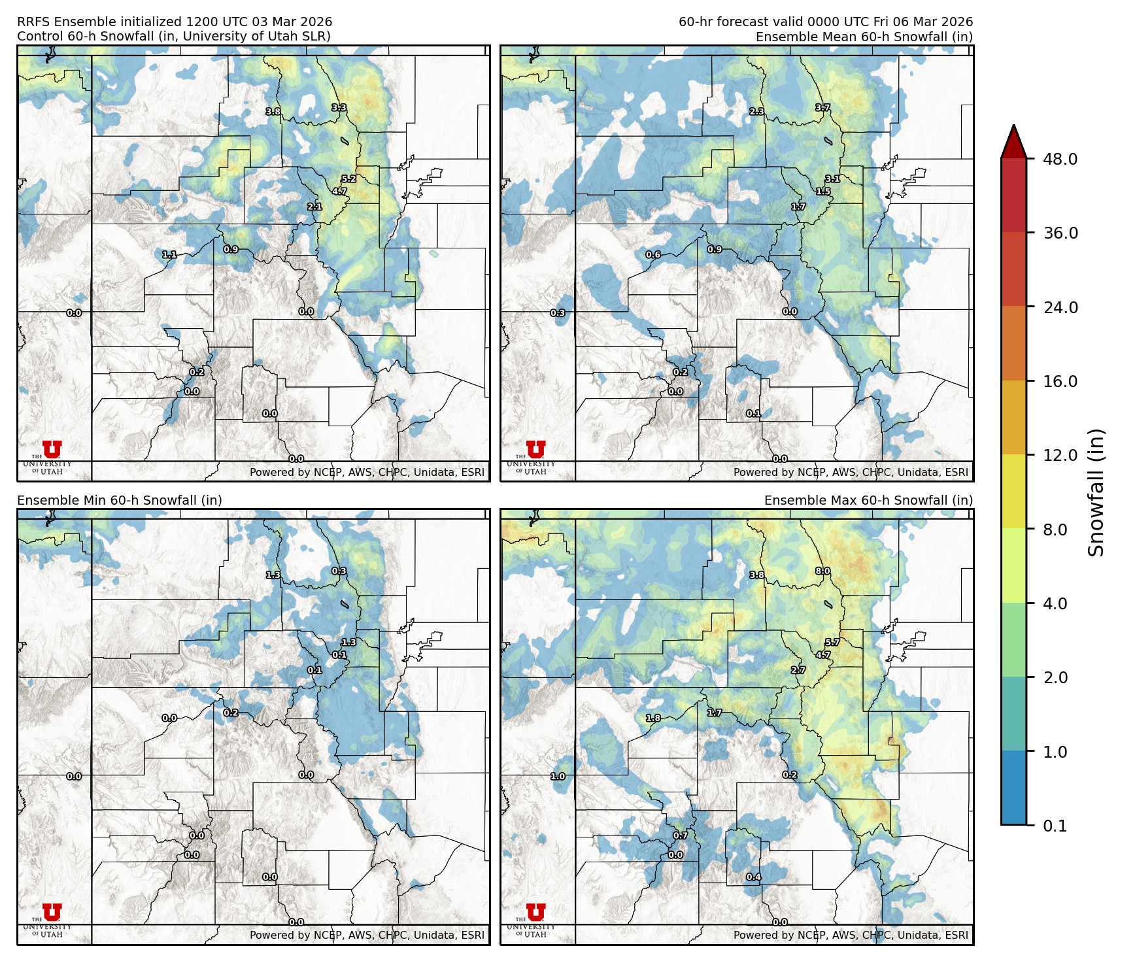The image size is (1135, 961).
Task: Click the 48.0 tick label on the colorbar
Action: tap(1060, 159)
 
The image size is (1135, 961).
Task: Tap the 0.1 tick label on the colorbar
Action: tap(1055, 826)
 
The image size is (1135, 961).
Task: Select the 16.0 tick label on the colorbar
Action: tap(1060, 381)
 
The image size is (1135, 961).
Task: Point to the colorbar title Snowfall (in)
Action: tap(1096, 492)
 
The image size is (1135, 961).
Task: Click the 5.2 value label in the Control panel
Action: tap(348, 179)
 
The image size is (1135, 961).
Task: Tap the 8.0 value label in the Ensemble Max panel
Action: tap(822, 571)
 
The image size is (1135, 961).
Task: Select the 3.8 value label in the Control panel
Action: tap(273, 112)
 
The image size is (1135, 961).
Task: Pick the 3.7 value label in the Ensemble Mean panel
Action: tap(822, 108)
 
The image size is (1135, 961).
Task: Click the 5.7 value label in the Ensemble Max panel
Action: tap(832, 643)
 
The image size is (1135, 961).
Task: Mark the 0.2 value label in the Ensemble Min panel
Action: tap(231, 713)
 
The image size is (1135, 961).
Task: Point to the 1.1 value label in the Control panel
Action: tap(169, 254)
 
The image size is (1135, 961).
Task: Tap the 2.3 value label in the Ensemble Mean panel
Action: tap(756, 112)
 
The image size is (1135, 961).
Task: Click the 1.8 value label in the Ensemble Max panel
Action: tap(653, 718)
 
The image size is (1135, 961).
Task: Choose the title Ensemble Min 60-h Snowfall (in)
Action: tap(120, 500)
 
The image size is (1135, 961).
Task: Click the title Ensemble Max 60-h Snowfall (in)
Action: tap(868, 500)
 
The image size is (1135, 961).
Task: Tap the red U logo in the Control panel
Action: tap(52, 450)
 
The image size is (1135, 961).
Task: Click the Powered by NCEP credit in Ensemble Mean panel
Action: tap(851, 472)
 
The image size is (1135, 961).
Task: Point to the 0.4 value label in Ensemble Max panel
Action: tap(754, 877)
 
